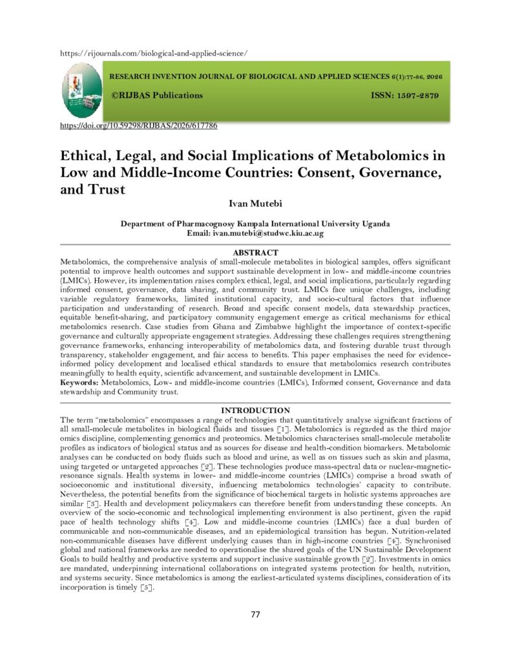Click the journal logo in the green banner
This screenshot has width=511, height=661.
coord(82,91)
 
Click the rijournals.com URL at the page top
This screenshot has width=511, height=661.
coord(154,53)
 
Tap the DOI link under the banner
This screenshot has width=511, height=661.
coord(138,125)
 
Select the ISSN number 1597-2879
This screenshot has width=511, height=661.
coord(414,96)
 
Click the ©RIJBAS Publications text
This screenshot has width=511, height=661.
coord(157,96)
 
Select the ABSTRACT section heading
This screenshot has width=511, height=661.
coord(255,252)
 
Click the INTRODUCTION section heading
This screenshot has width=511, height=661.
coord(255,411)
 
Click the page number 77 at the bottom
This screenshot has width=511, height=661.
coord(255,614)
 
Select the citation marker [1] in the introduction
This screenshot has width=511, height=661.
coord(283,429)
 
